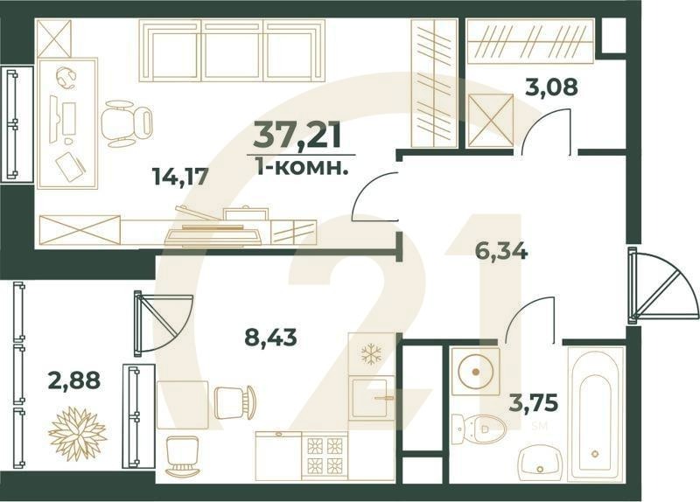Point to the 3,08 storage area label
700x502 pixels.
[x=549, y=87]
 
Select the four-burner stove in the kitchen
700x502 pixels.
[x=325, y=456]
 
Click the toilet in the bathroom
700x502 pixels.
[x=480, y=428]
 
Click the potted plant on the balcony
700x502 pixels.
[x=76, y=430]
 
